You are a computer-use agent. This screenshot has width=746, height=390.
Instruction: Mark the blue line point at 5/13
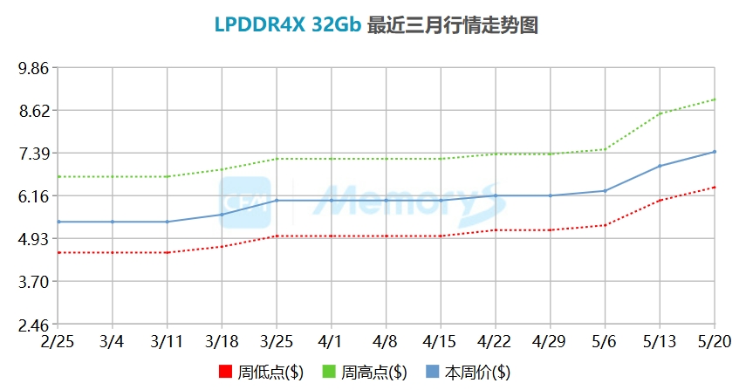(x=660, y=166)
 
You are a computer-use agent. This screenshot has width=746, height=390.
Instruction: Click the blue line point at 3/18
(x=222, y=215)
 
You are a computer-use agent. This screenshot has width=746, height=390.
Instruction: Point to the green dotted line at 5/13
(x=660, y=113)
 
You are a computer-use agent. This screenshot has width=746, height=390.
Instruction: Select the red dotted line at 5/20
(x=715, y=187)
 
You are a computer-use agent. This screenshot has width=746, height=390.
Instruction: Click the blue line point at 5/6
(x=605, y=190)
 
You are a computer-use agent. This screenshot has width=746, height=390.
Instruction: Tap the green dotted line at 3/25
(x=277, y=159)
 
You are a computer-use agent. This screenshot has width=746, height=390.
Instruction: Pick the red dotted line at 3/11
(x=167, y=252)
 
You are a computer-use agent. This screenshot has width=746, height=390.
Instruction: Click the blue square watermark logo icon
(x=245, y=202)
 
